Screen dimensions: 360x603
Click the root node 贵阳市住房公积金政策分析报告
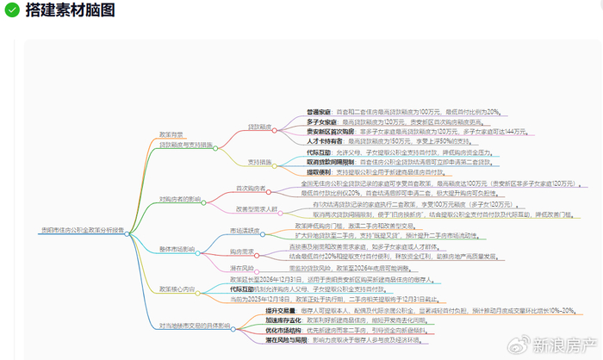(x=82, y=229)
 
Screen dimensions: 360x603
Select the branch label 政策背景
(x=171, y=134)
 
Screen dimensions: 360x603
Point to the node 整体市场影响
(x=177, y=249)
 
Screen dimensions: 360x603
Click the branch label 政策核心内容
(x=177, y=289)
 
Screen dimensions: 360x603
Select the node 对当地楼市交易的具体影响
(x=194, y=326)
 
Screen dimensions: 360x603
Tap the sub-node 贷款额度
(x=260, y=127)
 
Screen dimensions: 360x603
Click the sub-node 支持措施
(x=260, y=161)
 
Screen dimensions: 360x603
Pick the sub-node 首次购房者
(x=251, y=188)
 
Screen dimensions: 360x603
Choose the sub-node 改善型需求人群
(x=257, y=208)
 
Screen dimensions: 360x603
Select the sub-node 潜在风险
(x=241, y=269)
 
